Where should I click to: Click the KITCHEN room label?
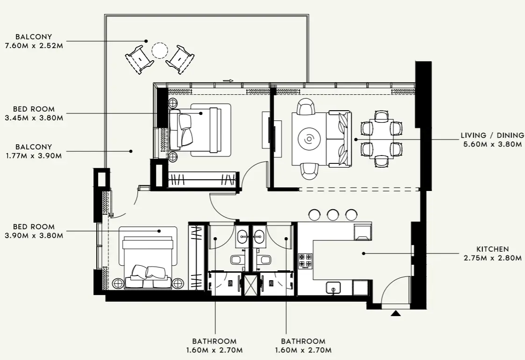click(x=492, y=249)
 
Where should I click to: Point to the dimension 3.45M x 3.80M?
click(x=34, y=118)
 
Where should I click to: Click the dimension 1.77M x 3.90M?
click(x=34, y=155)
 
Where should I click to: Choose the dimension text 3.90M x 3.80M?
click(x=34, y=235)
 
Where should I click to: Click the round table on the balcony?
click(x=160, y=50)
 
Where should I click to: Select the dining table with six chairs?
click(x=382, y=139)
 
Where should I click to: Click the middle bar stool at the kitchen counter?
click(x=333, y=214)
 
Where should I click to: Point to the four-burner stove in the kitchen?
click(x=305, y=261)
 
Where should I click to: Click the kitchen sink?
click(x=333, y=288)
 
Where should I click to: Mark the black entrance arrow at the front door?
click(x=396, y=313)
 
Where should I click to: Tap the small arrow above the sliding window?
click(x=228, y=81)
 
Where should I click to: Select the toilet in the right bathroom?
click(x=265, y=260)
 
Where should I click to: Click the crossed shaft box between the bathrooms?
click(x=251, y=284)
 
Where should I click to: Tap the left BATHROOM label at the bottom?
click(x=214, y=341)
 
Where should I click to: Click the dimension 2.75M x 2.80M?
click(x=492, y=258)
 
